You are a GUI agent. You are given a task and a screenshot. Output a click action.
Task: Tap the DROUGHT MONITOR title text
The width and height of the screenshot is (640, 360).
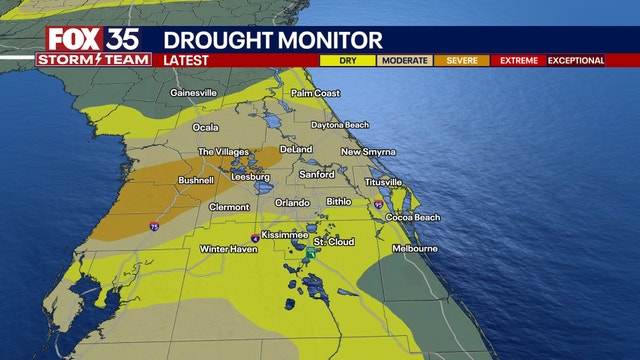[272, 41]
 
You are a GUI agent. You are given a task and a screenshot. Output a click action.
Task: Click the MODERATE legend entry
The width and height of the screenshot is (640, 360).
[403, 61]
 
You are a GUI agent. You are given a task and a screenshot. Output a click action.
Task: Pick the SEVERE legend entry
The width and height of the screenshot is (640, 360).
[461, 61]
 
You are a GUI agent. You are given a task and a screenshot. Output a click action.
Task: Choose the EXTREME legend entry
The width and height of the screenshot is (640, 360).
[518, 61]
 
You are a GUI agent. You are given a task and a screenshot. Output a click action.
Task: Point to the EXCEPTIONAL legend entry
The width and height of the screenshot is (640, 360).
[576, 61]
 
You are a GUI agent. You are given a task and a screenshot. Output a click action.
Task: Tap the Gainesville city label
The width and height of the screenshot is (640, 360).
[194, 93]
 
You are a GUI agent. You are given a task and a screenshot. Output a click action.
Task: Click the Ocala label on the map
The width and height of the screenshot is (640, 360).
[205, 127]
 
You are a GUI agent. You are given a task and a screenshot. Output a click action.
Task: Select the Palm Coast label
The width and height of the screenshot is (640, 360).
[316, 93]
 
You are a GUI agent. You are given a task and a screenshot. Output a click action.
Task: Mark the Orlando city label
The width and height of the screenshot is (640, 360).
[293, 203]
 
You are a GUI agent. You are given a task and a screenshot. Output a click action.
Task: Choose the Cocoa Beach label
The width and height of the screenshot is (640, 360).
[413, 217]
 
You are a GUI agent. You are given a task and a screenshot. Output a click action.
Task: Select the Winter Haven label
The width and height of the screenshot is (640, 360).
[223, 248]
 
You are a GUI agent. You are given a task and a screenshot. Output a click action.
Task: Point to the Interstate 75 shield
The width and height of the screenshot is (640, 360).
[153, 228]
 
